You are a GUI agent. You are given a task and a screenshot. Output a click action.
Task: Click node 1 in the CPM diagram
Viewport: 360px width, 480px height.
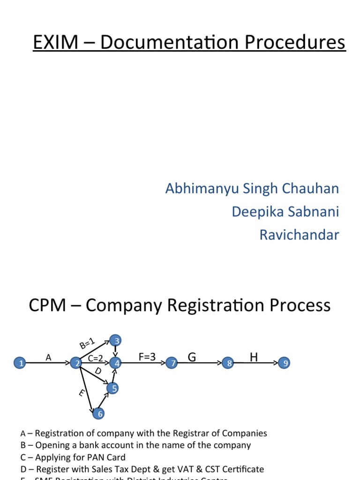[x=20, y=363]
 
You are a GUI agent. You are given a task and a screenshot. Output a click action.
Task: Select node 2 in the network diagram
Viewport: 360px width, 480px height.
[x=76, y=363]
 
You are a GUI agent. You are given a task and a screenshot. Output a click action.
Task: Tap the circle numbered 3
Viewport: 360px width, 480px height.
[x=115, y=340]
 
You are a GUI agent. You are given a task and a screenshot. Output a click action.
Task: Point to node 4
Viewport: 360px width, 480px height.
[x=115, y=363]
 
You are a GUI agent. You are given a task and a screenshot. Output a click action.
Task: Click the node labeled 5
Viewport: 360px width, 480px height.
[x=112, y=388]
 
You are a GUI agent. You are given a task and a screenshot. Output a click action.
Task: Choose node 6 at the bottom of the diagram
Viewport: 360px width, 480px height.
[x=98, y=414]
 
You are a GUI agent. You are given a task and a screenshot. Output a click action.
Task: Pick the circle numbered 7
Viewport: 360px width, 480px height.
[x=173, y=363]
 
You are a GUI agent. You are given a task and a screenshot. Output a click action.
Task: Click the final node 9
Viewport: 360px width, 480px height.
[x=285, y=363]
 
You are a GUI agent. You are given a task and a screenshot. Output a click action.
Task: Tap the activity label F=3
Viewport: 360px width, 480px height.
[x=147, y=357]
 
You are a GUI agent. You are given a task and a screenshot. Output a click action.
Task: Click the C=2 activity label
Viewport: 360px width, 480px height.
[x=95, y=359]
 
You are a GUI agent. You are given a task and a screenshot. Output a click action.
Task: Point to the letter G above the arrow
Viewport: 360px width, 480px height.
[x=191, y=358]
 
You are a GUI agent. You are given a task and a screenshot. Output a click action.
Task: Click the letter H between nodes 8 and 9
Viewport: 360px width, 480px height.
[x=254, y=358]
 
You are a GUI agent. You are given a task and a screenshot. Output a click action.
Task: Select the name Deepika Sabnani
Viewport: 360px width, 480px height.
[x=285, y=211]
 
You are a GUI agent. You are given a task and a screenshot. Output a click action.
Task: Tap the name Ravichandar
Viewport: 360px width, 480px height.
[x=299, y=234]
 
